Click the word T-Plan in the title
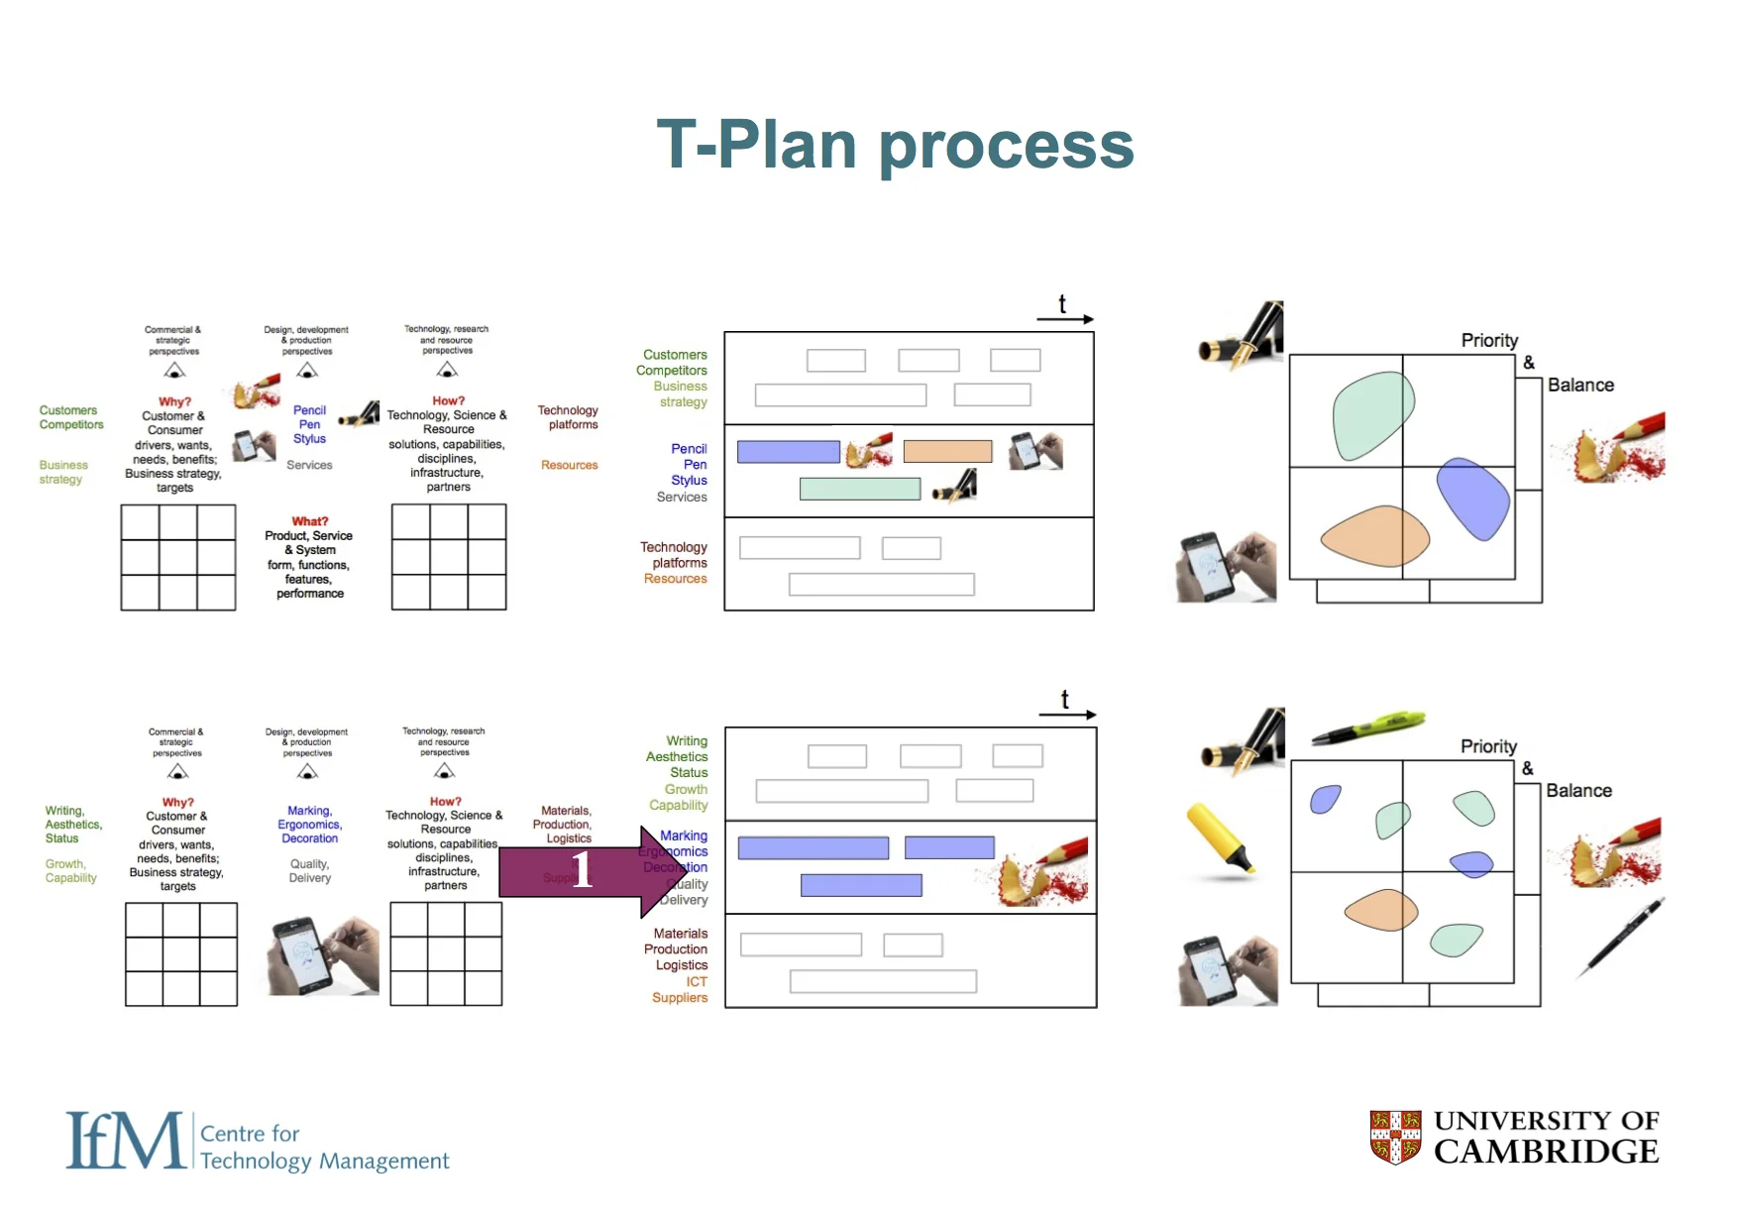pyautogui.click(x=755, y=145)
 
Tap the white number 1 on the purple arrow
pyautogui.click(x=582, y=869)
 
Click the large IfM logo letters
pyautogui.click(x=125, y=1141)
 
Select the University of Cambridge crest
pyautogui.click(x=1395, y=1136)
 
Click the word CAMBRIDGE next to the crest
pyautogui.click(x=1546, y=1152)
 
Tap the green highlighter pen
pyautogui.click(x=1368, y=727)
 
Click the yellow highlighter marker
pyautogui.click(x=1221, y=838)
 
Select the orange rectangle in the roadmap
pyautogui.click(x=947, y=451)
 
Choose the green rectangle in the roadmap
pyautogui.click(x=859, y=489)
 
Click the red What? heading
pyautogui.click(x=309, y=521)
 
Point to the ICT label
pyautogui.click(x=697, y=981)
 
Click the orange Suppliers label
pyautogui.click(x=680, y=998)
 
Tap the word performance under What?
pyautogui.click(x=310, y=594)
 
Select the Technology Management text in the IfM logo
pyautogui.click(x=324, y=1161)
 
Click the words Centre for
pyautogui.click(x=250, y=1133)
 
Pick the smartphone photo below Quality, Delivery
pyautogui.click(x=323, y=955)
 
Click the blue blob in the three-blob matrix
pyautogui.click(x=1473, y=498)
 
